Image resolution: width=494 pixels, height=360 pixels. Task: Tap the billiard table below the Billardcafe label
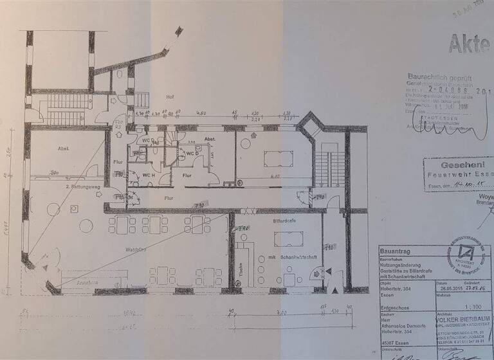coord(287,239)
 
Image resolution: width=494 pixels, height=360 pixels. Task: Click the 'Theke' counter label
coord(240,270)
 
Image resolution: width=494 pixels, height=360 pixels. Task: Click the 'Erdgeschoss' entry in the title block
coord(392,307)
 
